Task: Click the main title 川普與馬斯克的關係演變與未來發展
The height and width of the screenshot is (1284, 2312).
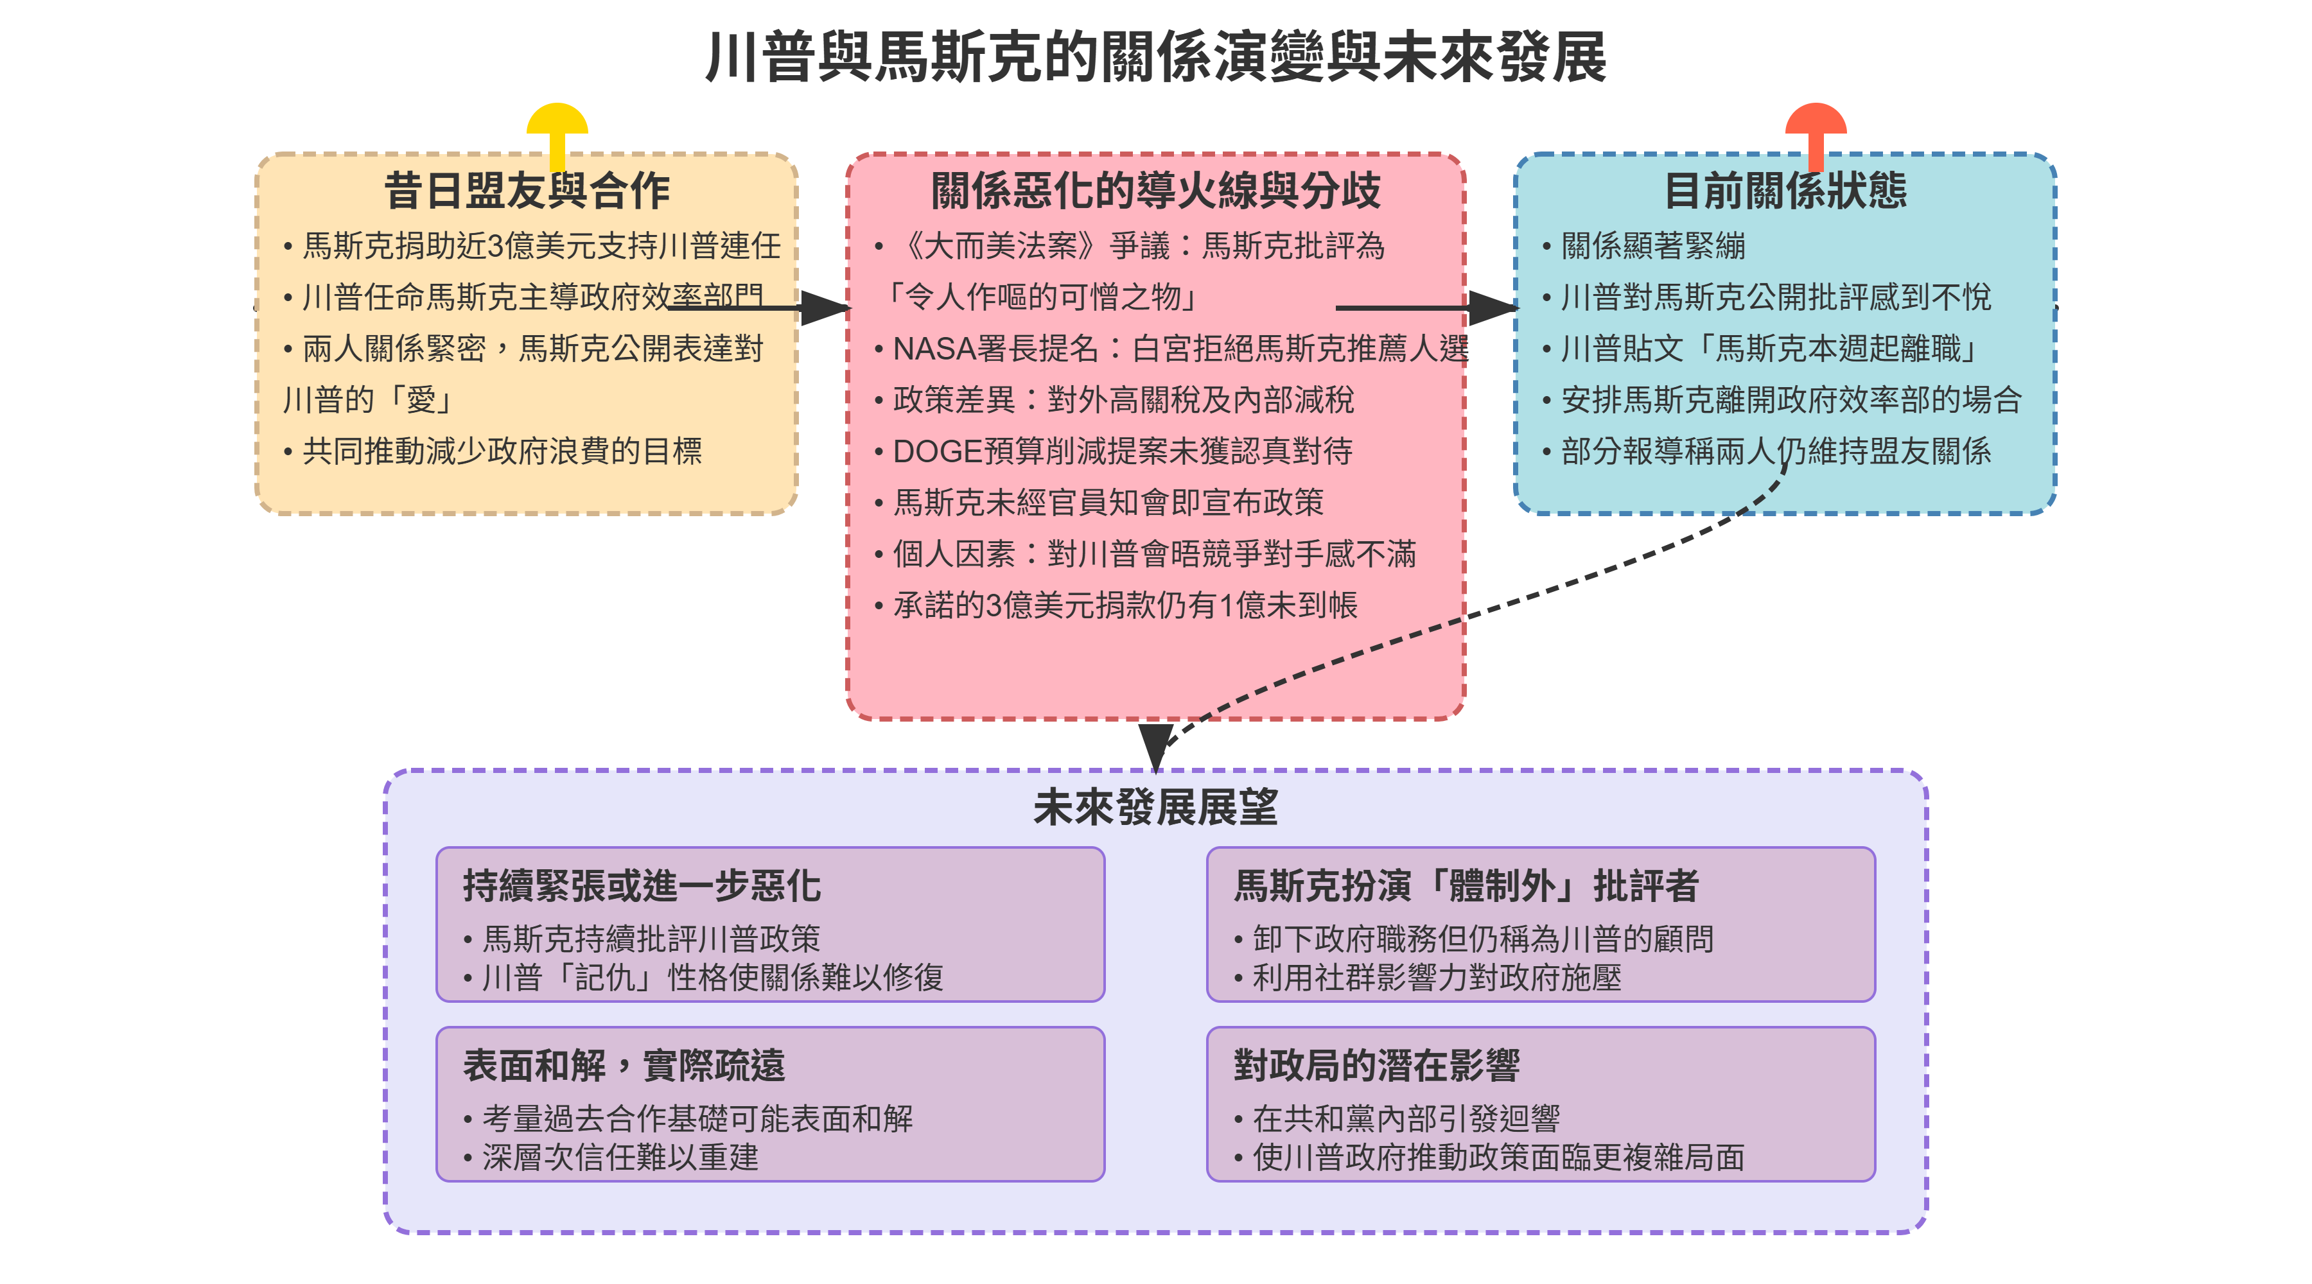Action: pos(1155,57)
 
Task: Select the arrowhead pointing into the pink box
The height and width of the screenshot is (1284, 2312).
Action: pos(825,308)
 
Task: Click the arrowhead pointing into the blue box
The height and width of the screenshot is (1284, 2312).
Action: pos(1493,308)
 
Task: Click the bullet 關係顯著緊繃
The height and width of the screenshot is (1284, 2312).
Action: pos(1653,246)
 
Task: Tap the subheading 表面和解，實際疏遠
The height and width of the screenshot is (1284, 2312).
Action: pos(624,1065)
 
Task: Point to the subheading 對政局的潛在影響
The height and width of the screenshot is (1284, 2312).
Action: pos(1376,1065)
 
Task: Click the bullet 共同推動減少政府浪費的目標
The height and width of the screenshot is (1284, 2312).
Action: pos(502,451)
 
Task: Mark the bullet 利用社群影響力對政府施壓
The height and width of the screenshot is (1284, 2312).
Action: pos(1437,977)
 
